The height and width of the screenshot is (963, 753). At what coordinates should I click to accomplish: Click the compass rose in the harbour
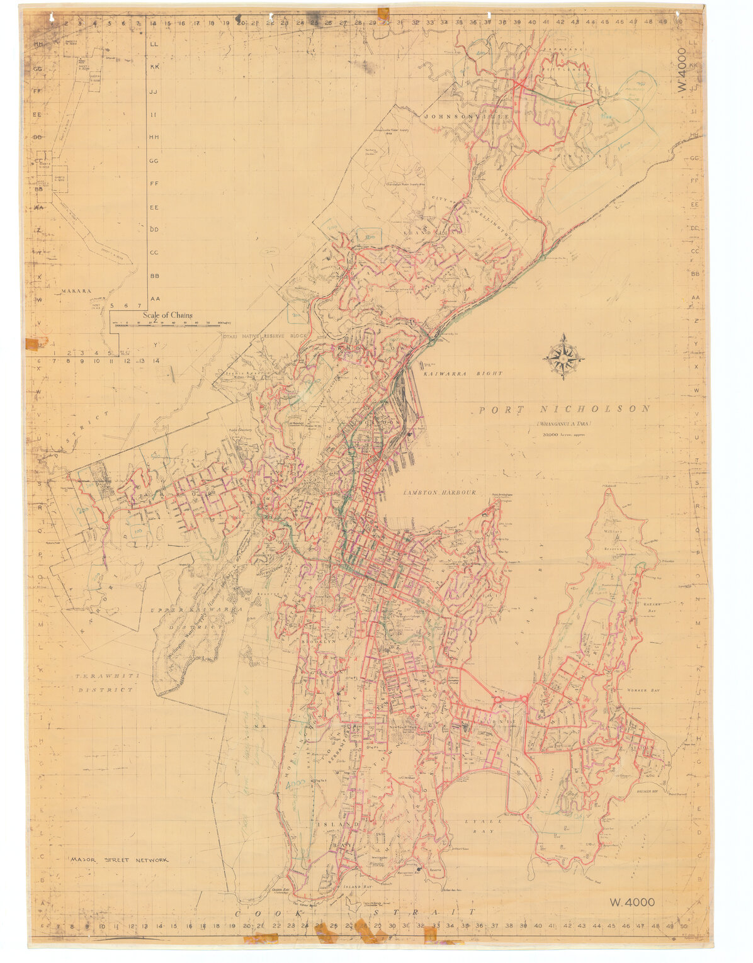pyautogui.click(x=563, y=357)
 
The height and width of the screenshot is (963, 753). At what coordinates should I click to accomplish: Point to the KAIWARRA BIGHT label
pyautogui.click(x=463, y=374)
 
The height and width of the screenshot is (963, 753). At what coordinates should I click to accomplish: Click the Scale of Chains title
pyautogui.click(x=167, y=315)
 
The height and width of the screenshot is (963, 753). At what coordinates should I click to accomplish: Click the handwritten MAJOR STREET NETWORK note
pyautogui.click(x=119, y=860)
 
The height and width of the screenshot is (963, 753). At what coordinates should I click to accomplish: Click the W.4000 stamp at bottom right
pyautogui.click(x=632, y=902)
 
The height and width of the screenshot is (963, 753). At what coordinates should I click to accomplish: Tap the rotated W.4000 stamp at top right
pyautogui.click(x=684, y=70)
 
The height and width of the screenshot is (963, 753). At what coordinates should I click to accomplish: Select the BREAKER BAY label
pyautogui.click(x=652, y=791)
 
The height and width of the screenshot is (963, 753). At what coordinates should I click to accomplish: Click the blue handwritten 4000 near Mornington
pyautogui.click(x=295, y=785)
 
